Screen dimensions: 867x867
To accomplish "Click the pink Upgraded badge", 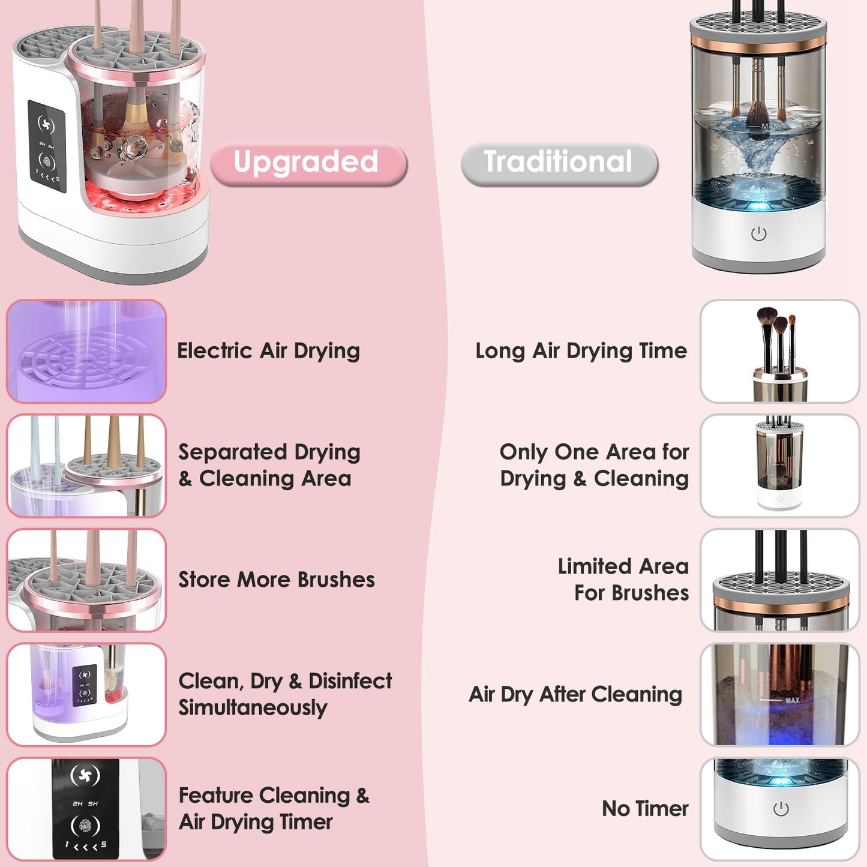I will (x=308, y=163).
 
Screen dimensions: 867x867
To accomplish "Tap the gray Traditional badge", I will (x=559, y=163).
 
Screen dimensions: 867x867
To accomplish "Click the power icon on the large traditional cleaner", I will (x=758, y=233).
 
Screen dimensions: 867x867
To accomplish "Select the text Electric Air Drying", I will (x=268, y=351).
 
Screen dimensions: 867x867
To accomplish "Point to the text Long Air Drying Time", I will (x=581, y=351).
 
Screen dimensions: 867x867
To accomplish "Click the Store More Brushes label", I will (x=277, y=580).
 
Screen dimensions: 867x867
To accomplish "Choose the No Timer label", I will (x=645, y=809).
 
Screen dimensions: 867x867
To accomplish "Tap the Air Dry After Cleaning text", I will (x=575, y=694).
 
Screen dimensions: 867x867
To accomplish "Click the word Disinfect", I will (x=350, y=681).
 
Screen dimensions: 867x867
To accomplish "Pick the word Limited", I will (x=594, y=566).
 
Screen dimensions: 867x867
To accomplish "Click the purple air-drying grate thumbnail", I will (x=86, y=351).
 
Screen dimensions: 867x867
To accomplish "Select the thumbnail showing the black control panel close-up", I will (x=86, y=809).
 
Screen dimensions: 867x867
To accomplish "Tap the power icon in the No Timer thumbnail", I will (x=781, y=809).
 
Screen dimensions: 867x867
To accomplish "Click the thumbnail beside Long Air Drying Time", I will (x=779, y=351).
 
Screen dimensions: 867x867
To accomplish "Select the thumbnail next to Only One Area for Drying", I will (x=779, y=465).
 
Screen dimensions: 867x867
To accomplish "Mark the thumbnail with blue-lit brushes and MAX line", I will (x=779, y=694).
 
